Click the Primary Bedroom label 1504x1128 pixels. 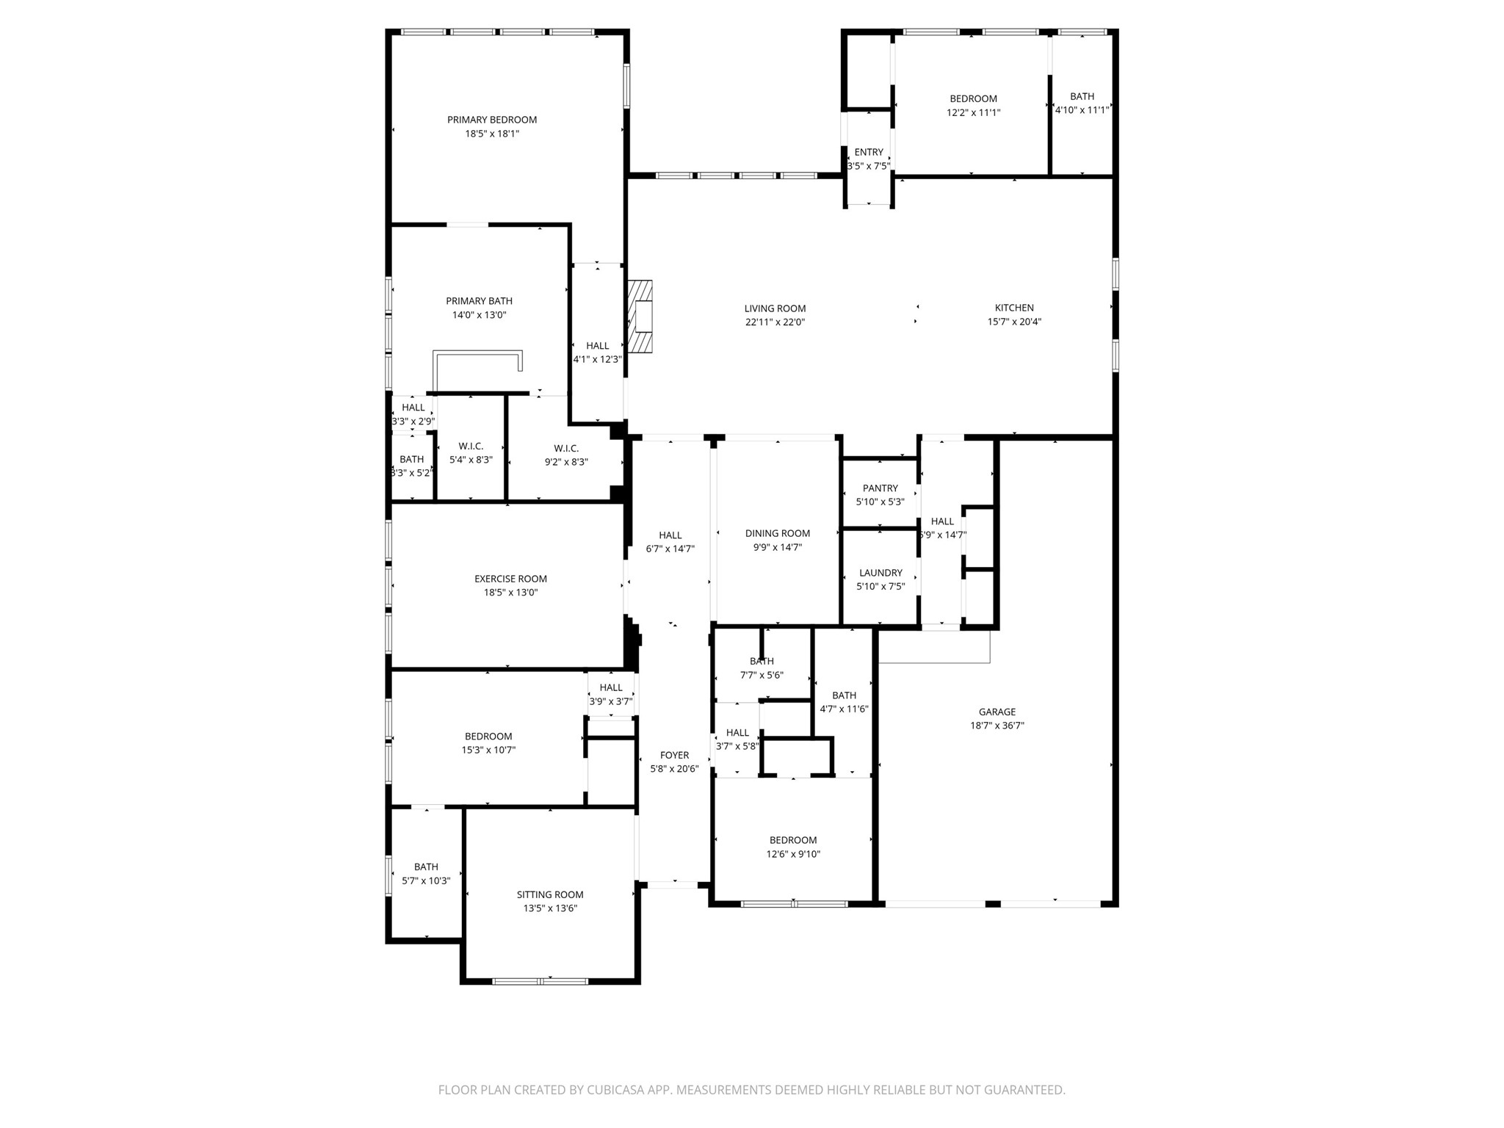(x=492, y=120)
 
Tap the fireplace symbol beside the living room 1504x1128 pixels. (x=641, y=317)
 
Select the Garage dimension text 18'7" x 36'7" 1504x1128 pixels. (x=997, y=726)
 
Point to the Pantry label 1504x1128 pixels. (x=880, y=488)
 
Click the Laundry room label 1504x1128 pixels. (x=880, y=573)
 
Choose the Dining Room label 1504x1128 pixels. (x=777, y=534)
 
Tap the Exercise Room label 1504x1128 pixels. (x=510, y=579)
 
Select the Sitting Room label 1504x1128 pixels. (x=549, y=894)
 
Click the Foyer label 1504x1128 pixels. (x=674, y=755)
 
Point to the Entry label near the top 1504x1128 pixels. (x=869, y=152)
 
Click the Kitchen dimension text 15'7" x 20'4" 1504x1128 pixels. (x=1014, y=322)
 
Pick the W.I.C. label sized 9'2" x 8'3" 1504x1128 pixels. (x=566, y=449)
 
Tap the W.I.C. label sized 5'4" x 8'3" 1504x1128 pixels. (x=471, y=446)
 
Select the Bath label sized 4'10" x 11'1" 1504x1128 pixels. (x=1082, y=96)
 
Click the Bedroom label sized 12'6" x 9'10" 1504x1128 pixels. (x=793, y=840)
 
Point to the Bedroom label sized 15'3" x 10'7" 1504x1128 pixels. (x=488, y=737)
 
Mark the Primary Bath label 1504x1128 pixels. (x=479, y=301)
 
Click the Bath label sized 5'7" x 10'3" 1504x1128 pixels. (x=426, y=867)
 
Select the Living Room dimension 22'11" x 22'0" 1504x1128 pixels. (x=775, y=322)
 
